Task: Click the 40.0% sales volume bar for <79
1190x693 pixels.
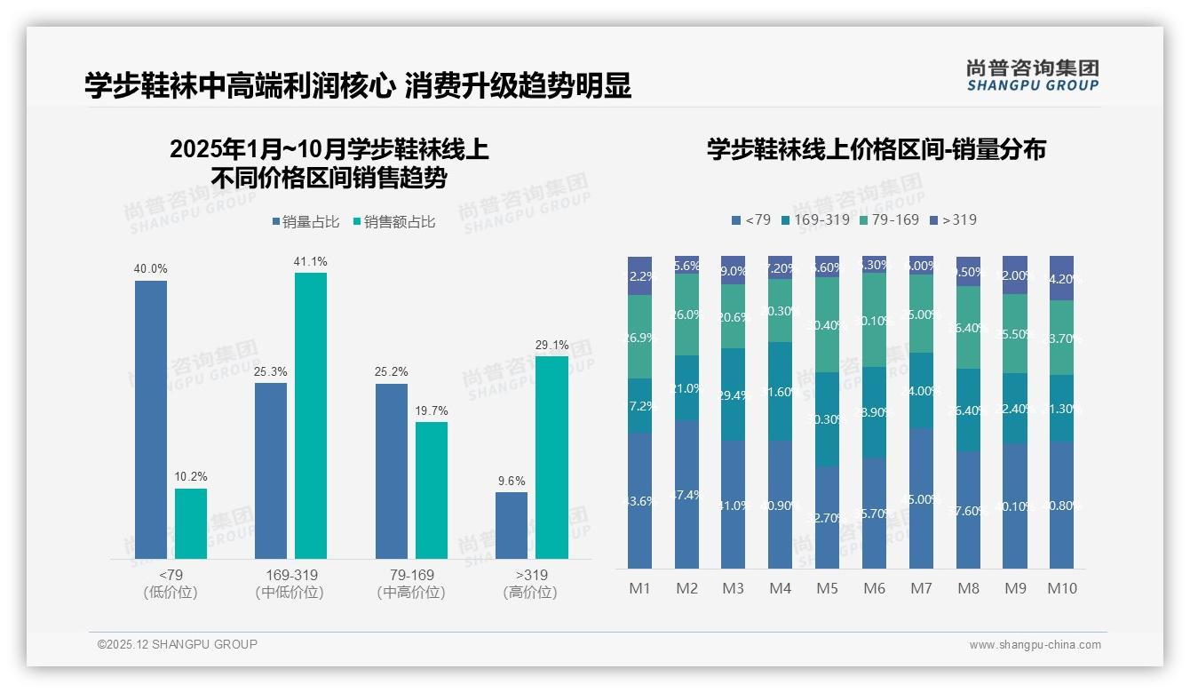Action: (x=151, y=419)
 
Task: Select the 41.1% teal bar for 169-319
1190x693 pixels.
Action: (x=311, y=415)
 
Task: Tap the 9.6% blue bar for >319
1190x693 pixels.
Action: (x=512, y=525)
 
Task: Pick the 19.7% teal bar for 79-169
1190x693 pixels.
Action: (x=432, y=490)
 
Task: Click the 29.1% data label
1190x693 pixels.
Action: (x=551, y=345)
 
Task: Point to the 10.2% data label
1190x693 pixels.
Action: (x=191, y=477)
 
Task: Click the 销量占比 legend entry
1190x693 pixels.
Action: (x=305, y=222)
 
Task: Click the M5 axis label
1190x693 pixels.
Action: (x=827, y=588)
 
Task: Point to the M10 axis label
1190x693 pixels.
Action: (x=1062, y=588)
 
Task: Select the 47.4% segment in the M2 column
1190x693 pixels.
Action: (x=686, y=494)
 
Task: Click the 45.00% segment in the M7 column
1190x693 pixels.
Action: (x=921, y=498)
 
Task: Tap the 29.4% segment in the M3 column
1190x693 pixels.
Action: (x=733, y=394)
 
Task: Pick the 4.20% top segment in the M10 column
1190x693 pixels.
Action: (x=1062, y=278)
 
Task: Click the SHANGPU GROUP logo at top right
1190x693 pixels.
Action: (x=1033, y=76)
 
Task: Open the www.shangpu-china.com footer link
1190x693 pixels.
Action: (x=1035, y=645)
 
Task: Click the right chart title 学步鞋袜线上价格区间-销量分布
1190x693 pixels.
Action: (x=877, y=149)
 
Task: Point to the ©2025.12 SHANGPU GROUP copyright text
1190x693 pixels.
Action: (x=178, y=644)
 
